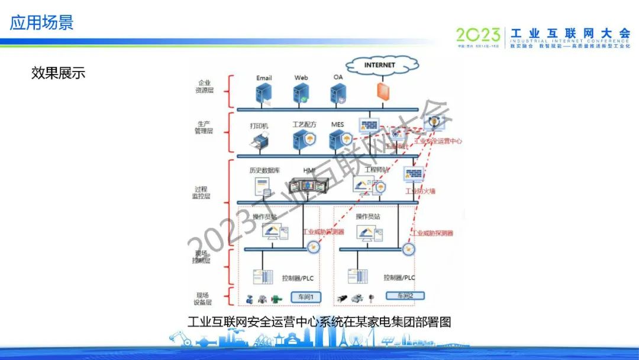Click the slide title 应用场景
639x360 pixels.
point(41,22)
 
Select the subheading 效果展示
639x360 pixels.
point(58,72)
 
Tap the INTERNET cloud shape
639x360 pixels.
point(379,65)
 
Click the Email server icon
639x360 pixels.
point(263,93)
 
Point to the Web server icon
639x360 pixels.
point(301,93)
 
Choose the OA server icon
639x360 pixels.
point(338,93)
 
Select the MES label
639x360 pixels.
point(337,125)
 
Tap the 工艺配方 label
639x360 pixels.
point(304,125)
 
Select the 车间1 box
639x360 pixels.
point(306,297)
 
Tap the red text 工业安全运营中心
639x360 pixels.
point(438,142)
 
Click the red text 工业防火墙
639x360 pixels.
point(420,191)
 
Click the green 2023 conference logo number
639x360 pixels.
point(478,34)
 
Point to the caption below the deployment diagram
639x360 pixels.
point(319,322)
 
